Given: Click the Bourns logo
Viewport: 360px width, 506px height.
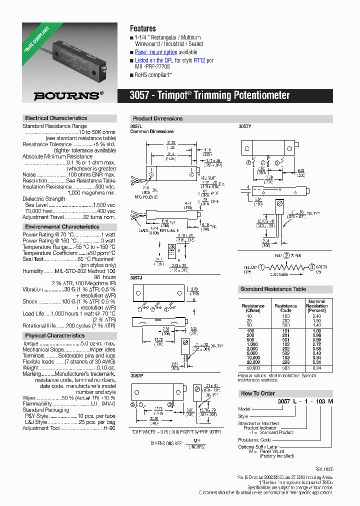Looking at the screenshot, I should (69, 94).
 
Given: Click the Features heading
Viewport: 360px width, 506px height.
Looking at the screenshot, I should (143, 28).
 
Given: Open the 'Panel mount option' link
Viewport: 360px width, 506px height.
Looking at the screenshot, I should (156, 52).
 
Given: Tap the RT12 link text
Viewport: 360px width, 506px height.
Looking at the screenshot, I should (199, 60).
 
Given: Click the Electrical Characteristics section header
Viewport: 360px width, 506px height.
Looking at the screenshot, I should (55, 118).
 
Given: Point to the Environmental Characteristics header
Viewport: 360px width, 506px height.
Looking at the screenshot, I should (62, 226).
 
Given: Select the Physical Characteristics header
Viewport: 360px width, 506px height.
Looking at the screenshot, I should (55, 335).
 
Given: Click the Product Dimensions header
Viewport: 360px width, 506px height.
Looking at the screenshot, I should (157, 118).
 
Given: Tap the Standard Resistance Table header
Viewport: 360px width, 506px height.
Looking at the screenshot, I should (273, 289).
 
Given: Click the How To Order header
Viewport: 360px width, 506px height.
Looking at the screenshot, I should (258, 393).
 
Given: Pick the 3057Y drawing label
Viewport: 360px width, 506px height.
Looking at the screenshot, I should (244, 126).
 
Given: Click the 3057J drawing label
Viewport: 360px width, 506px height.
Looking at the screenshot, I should (136, 277).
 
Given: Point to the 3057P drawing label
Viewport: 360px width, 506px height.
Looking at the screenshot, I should (136, 375).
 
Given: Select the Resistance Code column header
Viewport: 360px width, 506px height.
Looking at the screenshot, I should (285, 308).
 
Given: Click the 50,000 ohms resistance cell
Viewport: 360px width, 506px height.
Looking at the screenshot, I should (253, 367).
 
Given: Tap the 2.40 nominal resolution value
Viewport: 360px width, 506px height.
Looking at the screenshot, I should (316, 316).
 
